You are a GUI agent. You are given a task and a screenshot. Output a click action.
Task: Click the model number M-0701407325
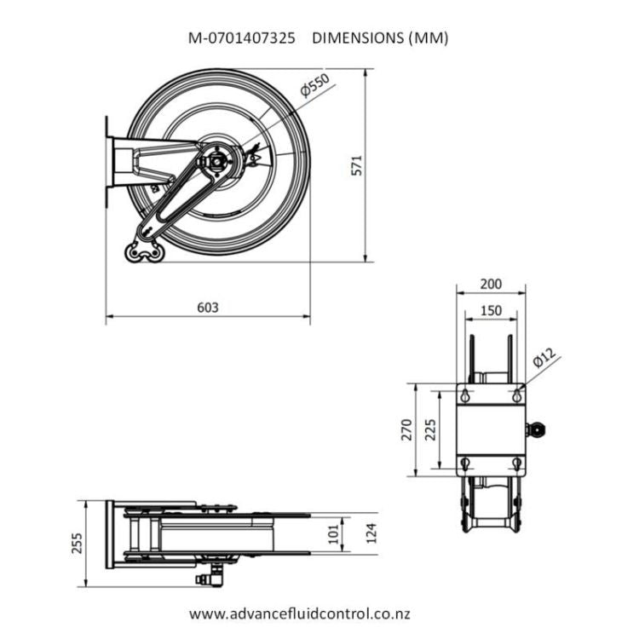242,38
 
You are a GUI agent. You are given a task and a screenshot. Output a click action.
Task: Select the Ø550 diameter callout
314,87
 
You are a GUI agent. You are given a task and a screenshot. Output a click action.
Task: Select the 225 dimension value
430,430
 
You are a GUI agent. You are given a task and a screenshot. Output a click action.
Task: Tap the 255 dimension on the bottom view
78,543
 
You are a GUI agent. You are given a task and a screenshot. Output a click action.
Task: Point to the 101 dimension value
333,533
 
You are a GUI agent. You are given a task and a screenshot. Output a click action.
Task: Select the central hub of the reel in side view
221,159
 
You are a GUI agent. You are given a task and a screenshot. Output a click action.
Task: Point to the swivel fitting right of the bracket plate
537,430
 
